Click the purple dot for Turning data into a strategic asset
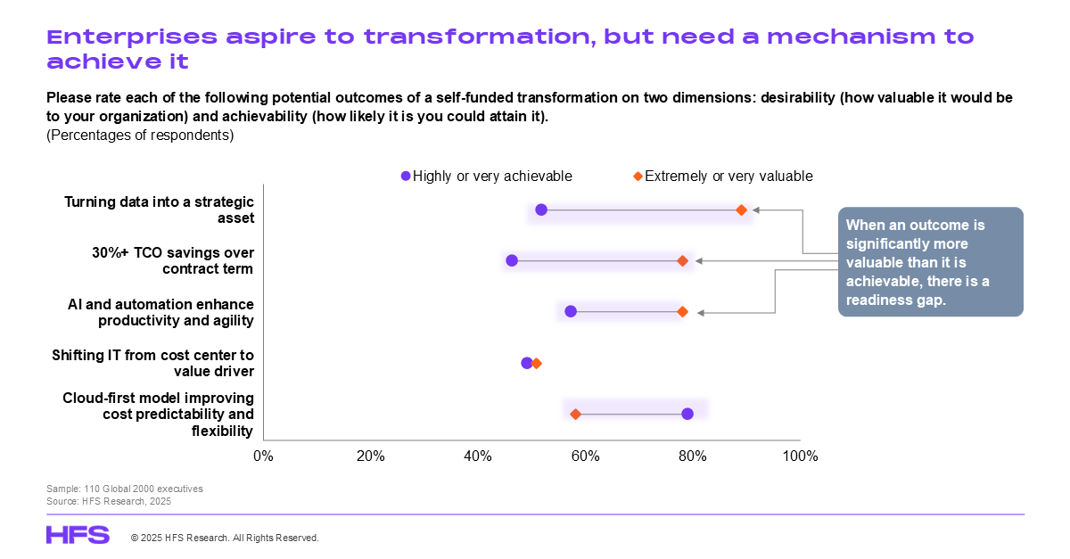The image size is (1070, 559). point(541,210)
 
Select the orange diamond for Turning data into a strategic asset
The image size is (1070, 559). point(741,210)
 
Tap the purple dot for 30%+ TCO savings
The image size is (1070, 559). point(512,260)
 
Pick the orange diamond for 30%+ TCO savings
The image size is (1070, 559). point(682,260)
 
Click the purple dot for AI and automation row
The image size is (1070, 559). point(571,311)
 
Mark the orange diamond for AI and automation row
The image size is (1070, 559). point(682,311)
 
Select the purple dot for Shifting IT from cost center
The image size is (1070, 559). point(527,363)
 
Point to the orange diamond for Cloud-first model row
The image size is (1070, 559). point(575,414)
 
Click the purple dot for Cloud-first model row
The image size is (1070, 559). point(687,414)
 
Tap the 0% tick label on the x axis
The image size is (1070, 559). point(263,456)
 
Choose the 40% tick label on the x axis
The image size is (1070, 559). point(478,456)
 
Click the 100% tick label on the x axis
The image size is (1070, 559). point(799,456)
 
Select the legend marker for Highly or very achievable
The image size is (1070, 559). point(406,177)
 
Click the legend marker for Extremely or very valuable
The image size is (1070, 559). point(638,177)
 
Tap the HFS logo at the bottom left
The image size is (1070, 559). point(78,535)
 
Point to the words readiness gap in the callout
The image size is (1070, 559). point(893,301)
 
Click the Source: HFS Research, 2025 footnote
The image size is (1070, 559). point(108,501)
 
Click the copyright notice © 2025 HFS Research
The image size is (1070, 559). point(225,538)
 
